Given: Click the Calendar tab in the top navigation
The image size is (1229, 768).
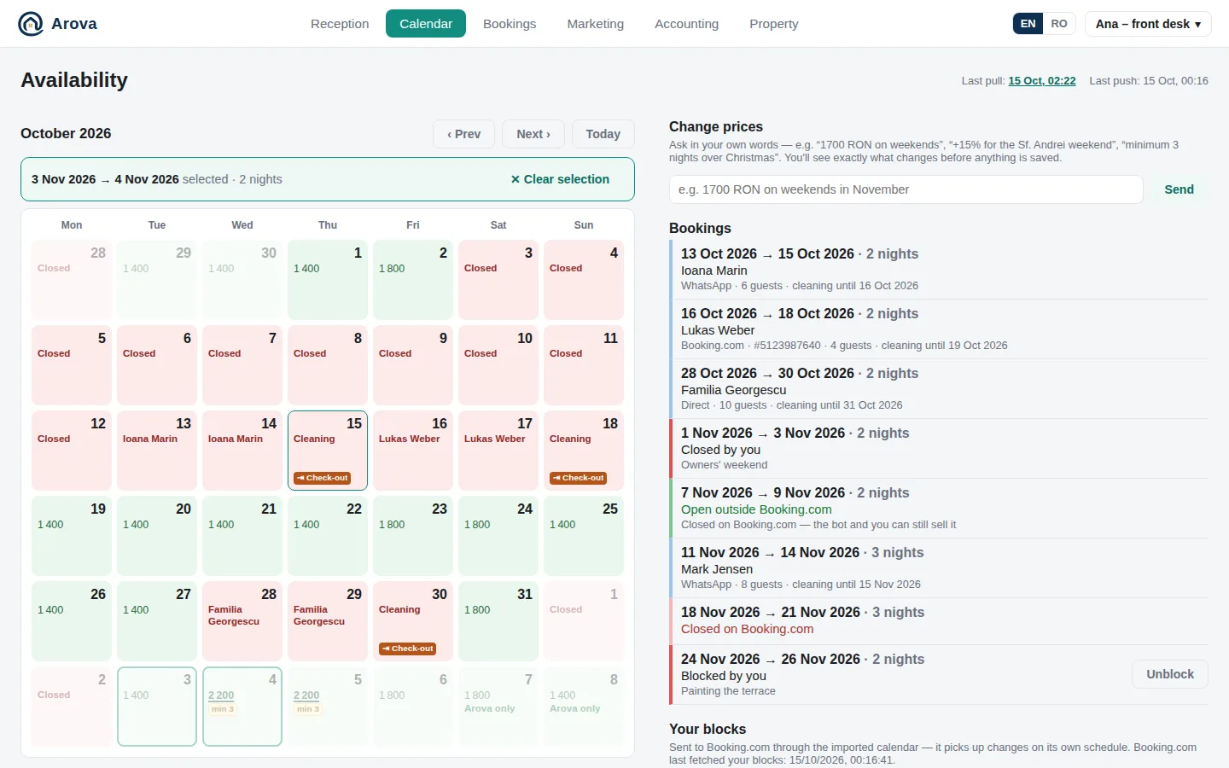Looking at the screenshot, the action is pos(425,24).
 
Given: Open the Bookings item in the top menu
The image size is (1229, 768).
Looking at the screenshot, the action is pos(510,24).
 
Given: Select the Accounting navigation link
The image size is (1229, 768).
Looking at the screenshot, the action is pos(686,24).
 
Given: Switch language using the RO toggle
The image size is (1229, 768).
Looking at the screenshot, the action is pos(1058,24).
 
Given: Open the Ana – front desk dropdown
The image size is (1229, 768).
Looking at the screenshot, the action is pos(1148,24).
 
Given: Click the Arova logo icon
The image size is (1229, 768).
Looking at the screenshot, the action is pos(30,24).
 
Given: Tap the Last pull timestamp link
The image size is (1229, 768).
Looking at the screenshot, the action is pos(1041,80).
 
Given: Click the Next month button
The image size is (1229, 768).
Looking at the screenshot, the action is pos(533,134).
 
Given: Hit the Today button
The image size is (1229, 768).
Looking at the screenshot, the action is pos(603,134).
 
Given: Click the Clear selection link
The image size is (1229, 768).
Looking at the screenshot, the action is pos(560,179).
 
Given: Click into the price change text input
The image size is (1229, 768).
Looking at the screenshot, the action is pos(906,189).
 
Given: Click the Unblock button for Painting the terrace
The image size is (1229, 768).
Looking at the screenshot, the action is pos(1170,673).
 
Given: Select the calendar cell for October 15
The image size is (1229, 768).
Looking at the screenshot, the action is pos(328,451).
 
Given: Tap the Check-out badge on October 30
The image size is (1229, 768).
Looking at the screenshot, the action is pos(408,649).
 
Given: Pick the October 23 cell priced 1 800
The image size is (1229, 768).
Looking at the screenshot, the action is pos(413,536).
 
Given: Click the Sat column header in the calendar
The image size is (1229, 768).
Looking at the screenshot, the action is pos(498,225).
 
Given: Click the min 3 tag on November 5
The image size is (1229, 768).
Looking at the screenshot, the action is pos(307,709).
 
